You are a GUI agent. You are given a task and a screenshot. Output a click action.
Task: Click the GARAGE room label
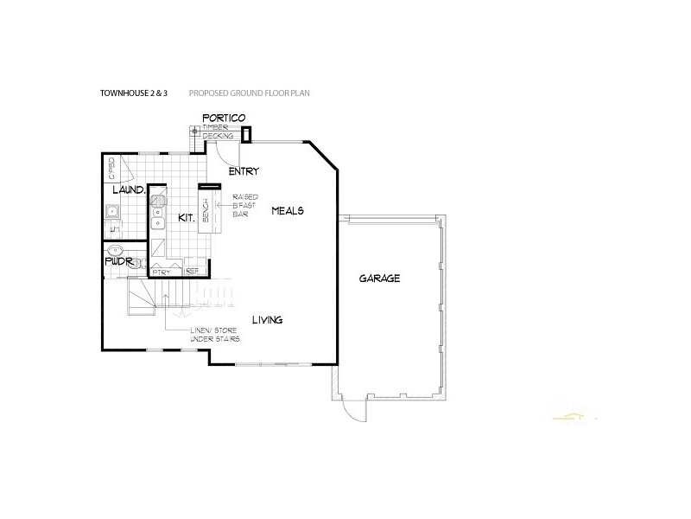(380, 279)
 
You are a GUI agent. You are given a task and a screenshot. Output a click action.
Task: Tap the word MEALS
(288, 210)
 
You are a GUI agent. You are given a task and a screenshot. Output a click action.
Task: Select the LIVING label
(268, 321)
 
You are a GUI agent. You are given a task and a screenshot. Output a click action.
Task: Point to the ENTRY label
(244, 171)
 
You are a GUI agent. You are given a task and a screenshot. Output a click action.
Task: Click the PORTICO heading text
(224, 117)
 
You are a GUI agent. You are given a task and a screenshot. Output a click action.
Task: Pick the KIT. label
(186, 218)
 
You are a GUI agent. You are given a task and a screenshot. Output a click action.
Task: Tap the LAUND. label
(126, 189)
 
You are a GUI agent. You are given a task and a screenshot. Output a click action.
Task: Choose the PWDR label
(117, 259)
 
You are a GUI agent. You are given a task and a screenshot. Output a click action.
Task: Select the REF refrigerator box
(193, 271)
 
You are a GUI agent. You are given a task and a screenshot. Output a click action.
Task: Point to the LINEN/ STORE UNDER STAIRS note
(215, 335)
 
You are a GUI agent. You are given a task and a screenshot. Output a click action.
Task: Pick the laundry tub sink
(111, 210)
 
